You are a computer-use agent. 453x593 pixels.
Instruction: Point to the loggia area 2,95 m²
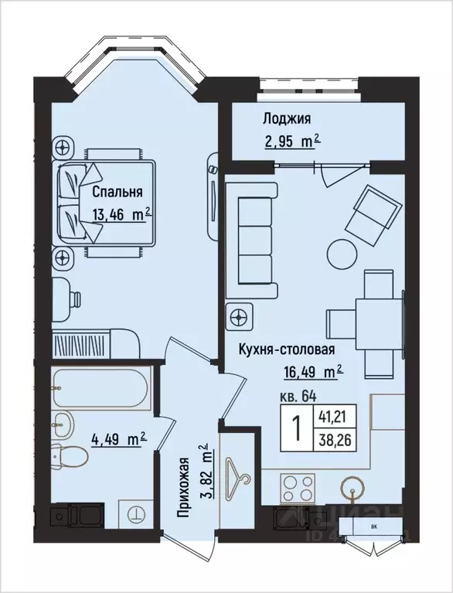point(290,141)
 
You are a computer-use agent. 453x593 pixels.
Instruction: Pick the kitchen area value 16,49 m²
point(312,372)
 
